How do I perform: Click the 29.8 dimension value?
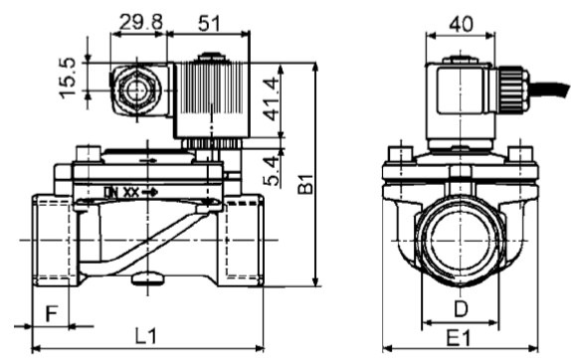tap(141, 22)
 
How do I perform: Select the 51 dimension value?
tap(209, 23)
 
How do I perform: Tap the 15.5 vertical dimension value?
tap(68, 78)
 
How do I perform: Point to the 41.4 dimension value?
tap(273, 99)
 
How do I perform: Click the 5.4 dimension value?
tap(273, 171)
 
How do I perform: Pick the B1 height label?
tap(305, 184)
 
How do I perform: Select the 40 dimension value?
tap(461, 25)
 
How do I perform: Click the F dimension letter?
tap(52, 313)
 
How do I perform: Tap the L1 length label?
tap(146, 335)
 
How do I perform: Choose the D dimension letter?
tap(461, 309)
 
